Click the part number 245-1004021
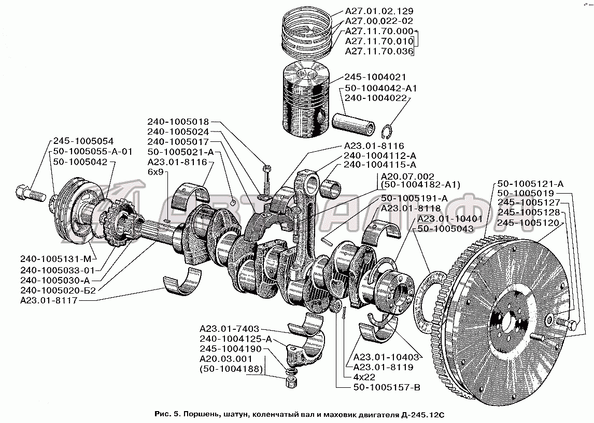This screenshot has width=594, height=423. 375,77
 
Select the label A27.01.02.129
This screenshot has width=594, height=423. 379,11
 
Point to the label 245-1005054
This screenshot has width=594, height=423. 83,141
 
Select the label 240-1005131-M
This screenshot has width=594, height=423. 56,259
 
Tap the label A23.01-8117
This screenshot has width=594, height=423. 49,301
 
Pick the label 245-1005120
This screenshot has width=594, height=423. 528,223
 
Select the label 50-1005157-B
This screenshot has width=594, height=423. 387,387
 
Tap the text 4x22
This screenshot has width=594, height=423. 364,377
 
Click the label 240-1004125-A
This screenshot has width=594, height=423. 236,339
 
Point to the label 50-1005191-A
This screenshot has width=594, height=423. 415,198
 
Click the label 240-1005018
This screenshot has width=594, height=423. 178,122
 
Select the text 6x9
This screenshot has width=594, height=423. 155,172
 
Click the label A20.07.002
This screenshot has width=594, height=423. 407,177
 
